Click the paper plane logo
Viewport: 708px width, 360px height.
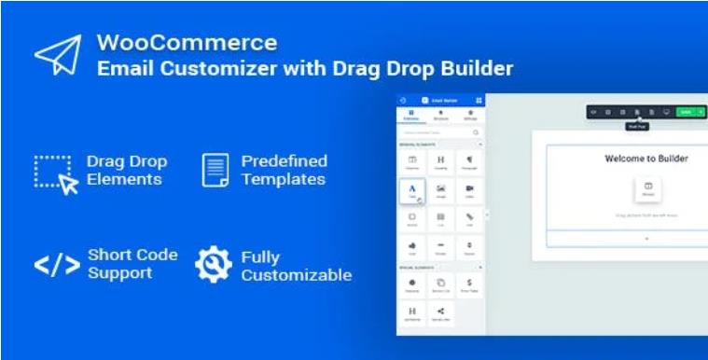click(x=58, y=55)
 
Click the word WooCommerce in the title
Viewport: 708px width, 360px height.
click(x=186, y=43)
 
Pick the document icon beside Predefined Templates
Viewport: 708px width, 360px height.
click(x=215, y=170)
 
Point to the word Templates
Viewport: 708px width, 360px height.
click(x=283, y=179)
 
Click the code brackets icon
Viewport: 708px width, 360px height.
click(x=56, y=265)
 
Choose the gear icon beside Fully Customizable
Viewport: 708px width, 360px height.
click(x=214, y=264)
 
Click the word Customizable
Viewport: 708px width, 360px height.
click(x=296, y=274)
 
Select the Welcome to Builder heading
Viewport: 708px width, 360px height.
click(x=646, y=159)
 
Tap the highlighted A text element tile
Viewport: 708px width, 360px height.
click(x=412, y=191)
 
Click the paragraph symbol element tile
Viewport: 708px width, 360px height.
click(x=468, y=162)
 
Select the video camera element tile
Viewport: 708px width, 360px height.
click(x=468, y=191)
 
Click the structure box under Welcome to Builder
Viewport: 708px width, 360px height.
click(x=647, y=187)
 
